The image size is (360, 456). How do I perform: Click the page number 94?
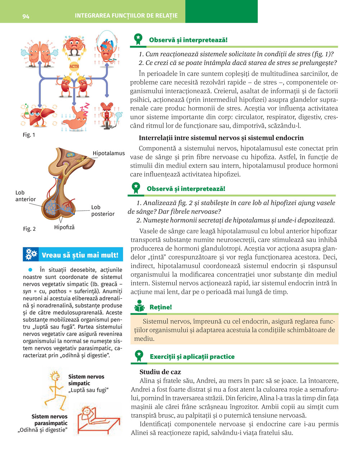(x=26, y=17)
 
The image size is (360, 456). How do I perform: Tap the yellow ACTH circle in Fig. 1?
(x=74, y=66)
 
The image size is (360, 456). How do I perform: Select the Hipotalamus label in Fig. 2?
(x=108, y=153)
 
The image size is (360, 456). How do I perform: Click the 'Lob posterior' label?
(x=103, y=210)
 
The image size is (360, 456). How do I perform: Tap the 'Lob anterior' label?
(x=25, y=196)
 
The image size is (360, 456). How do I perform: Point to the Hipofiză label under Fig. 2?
(x=64, y=227)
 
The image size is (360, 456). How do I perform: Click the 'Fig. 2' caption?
(x=29, y=229)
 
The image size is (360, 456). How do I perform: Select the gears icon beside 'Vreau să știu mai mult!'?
(x=31, y=255)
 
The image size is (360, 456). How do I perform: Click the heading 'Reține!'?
(x=161, y=307)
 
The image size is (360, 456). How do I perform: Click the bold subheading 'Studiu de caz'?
(x=160, y=372)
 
